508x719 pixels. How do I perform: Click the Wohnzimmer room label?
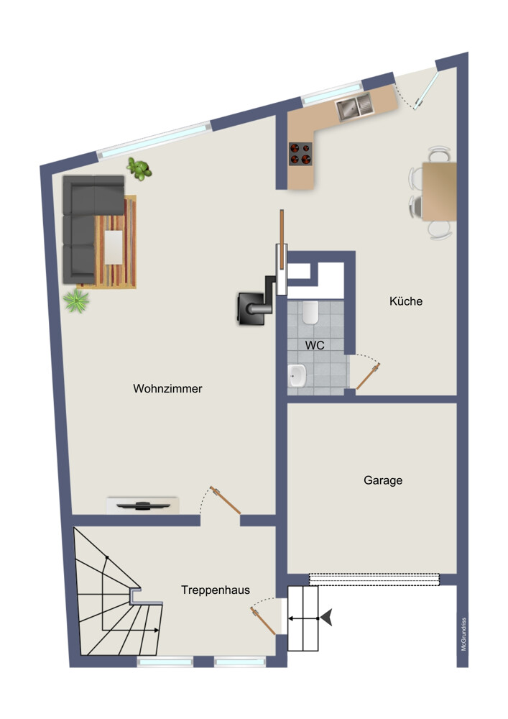(167, 388)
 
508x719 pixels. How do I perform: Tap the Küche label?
(406, 301)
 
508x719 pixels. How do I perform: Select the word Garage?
(383, 480)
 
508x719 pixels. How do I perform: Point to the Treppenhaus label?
(216, 590)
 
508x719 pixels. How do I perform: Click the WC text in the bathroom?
(315, 345)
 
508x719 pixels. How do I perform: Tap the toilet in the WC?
(310, 312)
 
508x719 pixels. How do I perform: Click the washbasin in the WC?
(297, 375)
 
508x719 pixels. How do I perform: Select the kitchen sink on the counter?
(354, 106)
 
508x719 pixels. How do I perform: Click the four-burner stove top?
(300, 154)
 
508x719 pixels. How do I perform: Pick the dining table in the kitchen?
(439, 191)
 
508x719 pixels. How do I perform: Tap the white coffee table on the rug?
(114, 247)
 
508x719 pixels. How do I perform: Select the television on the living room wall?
(144, 505)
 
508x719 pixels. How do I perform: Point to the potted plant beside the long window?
(139, 169)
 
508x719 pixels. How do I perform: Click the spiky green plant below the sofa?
(76, 301)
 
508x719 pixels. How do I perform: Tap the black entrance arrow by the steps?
(327, 618)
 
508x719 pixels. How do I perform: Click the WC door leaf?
(367, 377)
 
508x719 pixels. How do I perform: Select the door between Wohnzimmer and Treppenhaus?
(226, 500)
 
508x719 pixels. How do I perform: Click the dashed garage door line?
(374, 579)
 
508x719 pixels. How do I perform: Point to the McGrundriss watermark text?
(463, 634)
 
